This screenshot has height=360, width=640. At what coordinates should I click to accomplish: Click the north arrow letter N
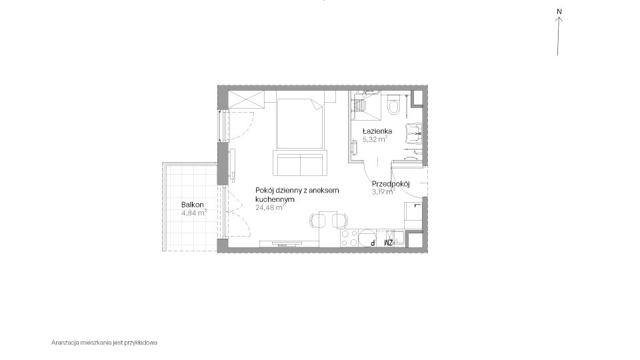pos(559,12)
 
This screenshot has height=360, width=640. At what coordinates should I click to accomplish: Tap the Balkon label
pos(193,205)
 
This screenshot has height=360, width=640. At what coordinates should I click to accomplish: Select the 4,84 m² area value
pos(194,212)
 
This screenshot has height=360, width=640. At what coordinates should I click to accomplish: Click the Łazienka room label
pos(377,131)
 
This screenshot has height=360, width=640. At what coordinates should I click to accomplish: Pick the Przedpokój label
pos(391,184)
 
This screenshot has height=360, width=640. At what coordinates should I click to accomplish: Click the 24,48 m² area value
pos(270,207)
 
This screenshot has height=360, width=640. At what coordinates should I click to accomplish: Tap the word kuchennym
pos(275,199)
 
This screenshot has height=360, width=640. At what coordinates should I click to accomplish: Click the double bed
pos(300,124)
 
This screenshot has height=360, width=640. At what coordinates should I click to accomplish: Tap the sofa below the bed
pos(301,163)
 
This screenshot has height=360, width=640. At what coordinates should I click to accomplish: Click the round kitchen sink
pos(367,239)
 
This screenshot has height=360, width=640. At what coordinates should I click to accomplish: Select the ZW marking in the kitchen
pos(388,243)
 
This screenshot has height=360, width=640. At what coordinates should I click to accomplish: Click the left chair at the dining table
pos(317,221)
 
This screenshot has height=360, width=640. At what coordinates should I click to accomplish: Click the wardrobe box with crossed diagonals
pos(246,99)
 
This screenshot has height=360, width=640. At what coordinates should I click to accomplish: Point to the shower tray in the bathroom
pos(366,106)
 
